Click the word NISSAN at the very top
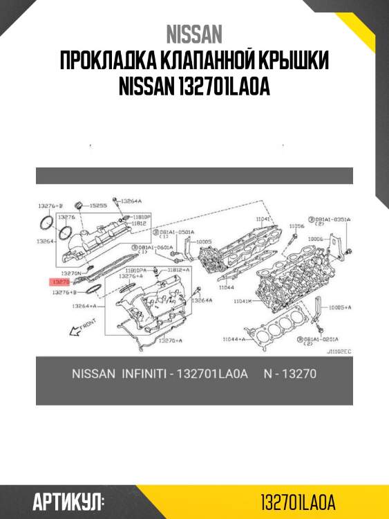194,34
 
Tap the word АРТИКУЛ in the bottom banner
68,501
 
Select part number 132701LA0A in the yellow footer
298,501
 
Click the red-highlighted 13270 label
60,282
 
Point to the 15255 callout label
97,206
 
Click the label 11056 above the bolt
296,226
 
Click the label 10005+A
339,307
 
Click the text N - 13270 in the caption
290,374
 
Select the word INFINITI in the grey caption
144,374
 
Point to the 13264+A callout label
83,306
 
